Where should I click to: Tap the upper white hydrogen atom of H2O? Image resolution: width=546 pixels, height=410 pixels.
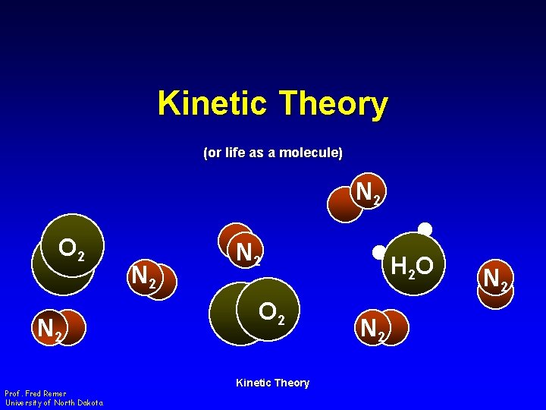tap(425, 229)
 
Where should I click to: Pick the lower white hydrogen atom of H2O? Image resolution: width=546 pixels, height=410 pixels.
tap(378, 252)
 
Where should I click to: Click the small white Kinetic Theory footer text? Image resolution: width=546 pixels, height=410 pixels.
tap(272, 383)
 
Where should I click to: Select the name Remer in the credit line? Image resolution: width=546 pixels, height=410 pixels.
tap(55, 393)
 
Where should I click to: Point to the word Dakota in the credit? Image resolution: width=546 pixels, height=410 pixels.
tap(88, 402)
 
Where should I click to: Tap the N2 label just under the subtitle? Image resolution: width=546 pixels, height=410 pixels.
tap(369, 193)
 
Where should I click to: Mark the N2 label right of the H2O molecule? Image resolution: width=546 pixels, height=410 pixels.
tap(495, 279)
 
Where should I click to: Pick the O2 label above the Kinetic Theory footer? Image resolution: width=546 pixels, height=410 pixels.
tap(271, 313)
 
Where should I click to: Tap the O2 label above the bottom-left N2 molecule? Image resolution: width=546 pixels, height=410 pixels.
tap(76, 249)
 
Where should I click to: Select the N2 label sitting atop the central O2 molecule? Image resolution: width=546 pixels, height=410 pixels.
tap(247, 252)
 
